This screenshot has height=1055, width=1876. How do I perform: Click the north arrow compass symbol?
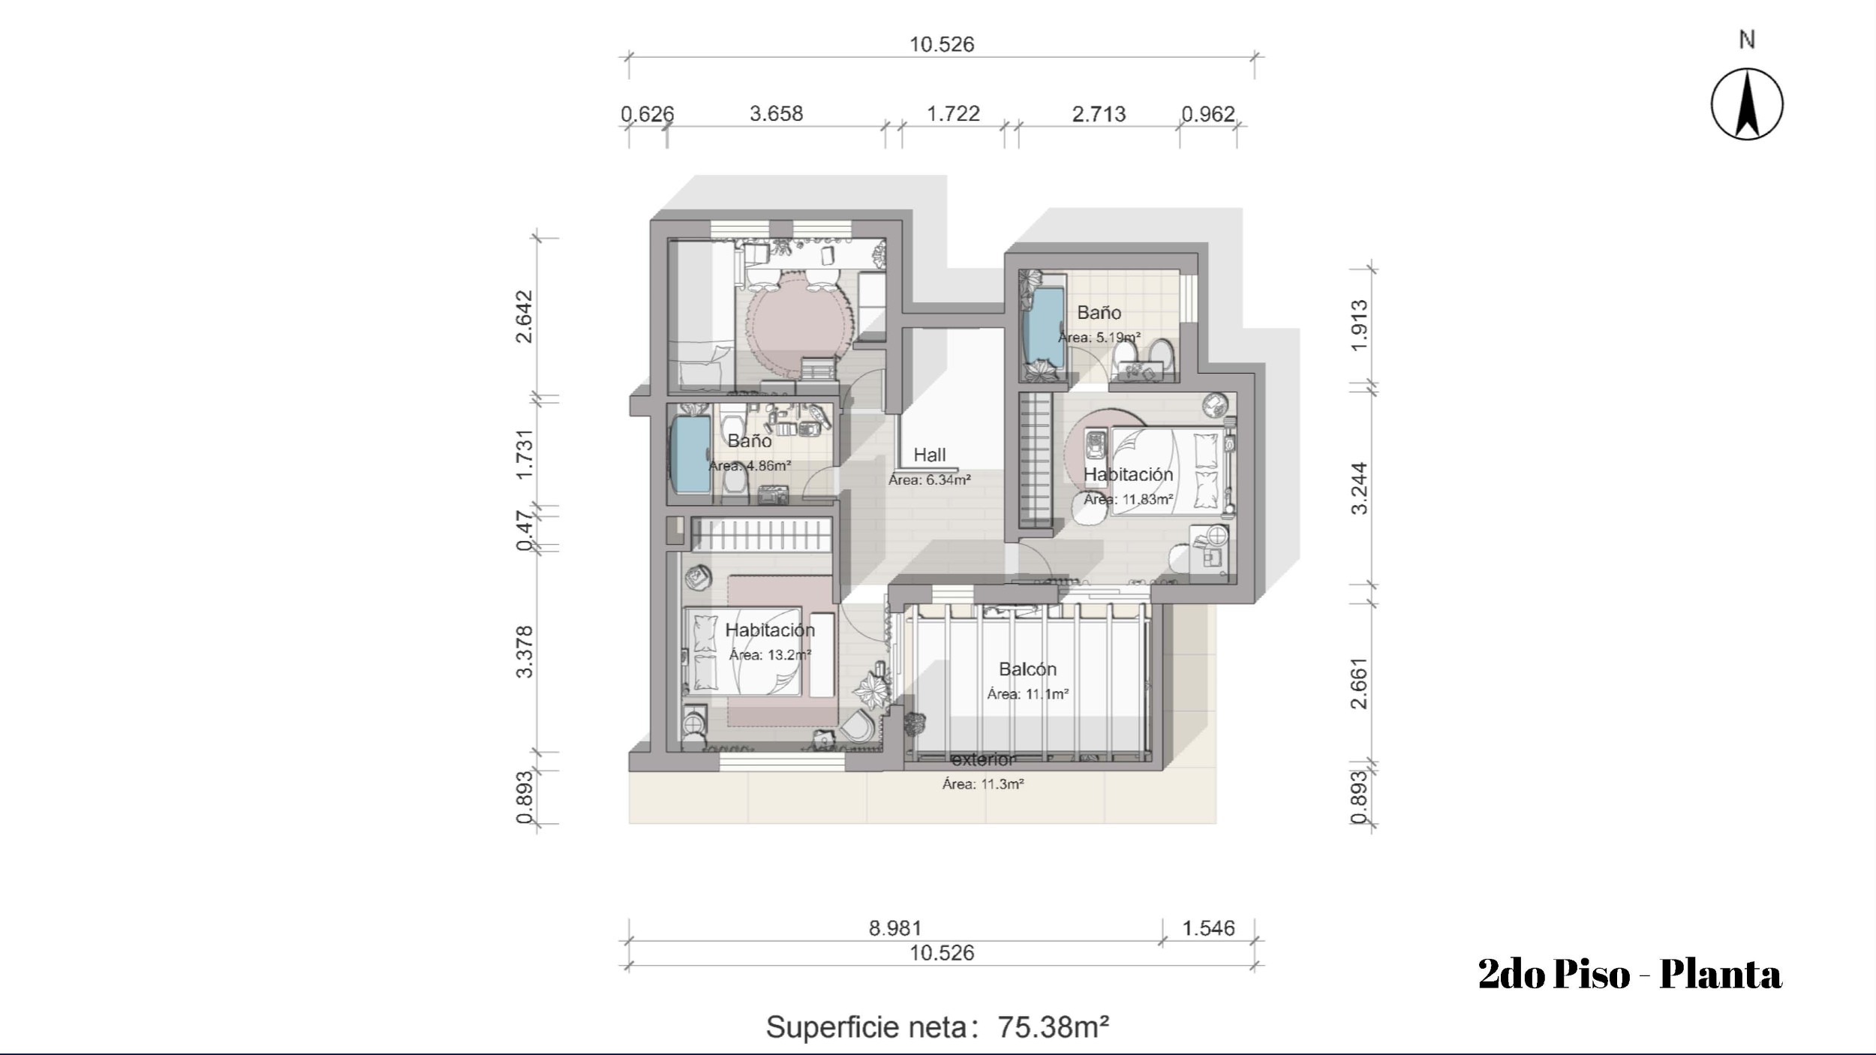(x=1747, y=104)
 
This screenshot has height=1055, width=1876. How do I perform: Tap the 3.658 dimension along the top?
(x=776, y=113)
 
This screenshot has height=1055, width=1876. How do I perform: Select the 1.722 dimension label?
(x=953, y=113)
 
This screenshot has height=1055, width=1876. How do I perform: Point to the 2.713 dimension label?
(x=1099, y=114)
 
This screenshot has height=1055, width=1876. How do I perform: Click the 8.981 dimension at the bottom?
(x=894, y=928)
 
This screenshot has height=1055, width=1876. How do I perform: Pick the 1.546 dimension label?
(x=1208, y=928)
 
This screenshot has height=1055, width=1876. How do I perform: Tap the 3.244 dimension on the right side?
(x=1359, y=488)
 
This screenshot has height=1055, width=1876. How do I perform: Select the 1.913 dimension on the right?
(x=1359, y=325)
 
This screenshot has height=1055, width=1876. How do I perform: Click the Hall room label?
(x=930, y=455)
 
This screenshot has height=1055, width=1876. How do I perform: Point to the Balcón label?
(x=1027, y=669)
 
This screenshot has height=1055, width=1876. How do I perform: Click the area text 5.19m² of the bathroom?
(x=1118, y=337)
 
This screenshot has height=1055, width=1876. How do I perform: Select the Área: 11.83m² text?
(x=1128, y=499)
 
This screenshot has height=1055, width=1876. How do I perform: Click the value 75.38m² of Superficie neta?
(x=1053, y=1026)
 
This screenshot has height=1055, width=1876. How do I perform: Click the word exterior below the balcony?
(x=983, y=759)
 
